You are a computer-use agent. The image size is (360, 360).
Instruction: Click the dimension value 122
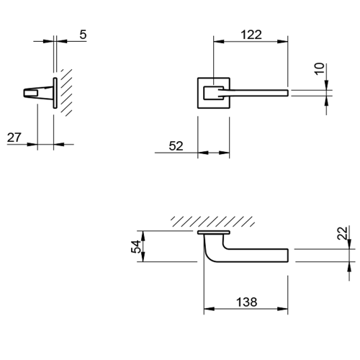(251, 35)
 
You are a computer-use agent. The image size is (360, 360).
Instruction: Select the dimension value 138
(247, 302)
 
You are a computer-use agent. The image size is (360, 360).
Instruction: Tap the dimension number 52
(176, 146)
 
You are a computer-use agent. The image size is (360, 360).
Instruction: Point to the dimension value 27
(14, 138)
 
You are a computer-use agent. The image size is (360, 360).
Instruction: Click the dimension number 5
(83, 35)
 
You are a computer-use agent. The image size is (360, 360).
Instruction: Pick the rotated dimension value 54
(136, 246)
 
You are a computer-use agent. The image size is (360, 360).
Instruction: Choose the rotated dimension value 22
(342, 233)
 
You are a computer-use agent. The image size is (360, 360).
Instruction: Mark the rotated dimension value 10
(320, 69)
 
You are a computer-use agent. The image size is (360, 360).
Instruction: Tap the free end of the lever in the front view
(287, 93)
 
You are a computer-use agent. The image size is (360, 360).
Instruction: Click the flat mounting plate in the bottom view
(214, 233)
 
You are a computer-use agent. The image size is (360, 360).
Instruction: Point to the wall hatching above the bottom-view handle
(212, 222)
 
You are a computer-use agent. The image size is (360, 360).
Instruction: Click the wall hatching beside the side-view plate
(66, 93)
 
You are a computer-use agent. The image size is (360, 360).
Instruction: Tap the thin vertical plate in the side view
(55, 93)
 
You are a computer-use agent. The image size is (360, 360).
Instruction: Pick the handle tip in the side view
(25, 93)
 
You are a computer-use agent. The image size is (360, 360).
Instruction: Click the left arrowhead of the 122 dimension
(218, 42)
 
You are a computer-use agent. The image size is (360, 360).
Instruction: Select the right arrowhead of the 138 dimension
(282, 309)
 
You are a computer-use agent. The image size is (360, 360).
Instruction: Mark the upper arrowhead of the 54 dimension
(143, 236)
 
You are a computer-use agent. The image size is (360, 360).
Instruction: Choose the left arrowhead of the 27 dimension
(32, 145)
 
